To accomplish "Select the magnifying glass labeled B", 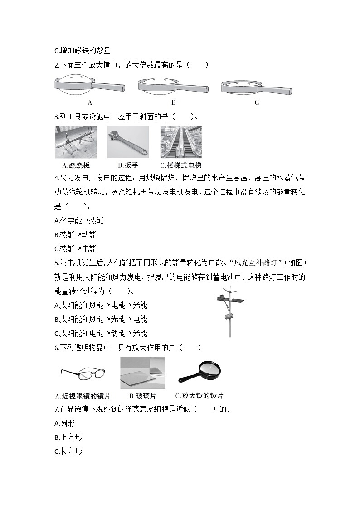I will (173, 85).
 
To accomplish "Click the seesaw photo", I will (76, 142).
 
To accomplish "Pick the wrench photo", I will (128, 142).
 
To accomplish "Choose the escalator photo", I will (181, 142).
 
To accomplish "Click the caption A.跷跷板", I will (76, 165).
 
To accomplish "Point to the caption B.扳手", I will (128, 165).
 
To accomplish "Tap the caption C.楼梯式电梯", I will (181, 165).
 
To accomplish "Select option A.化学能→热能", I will (78, 221).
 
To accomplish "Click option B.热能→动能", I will (75, 235).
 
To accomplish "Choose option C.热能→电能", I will (75, 249).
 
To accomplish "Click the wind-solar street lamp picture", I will (229, 312).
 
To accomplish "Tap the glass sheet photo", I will (142, 373).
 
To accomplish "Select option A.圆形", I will (64, 423).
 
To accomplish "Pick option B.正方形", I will (68, 437).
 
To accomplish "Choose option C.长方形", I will (68, 451).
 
